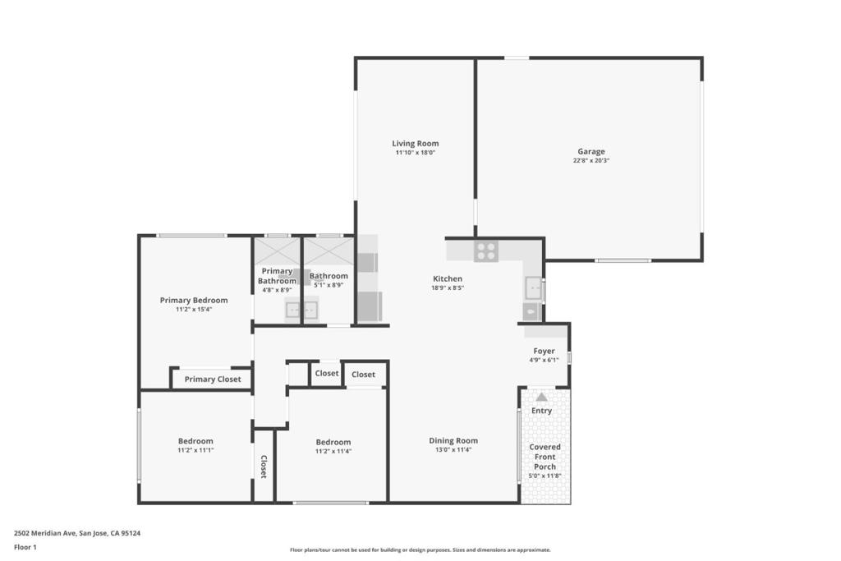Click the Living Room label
415,144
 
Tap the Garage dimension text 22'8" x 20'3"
591,161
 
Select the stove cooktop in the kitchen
485,251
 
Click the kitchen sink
533,288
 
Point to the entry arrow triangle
541,397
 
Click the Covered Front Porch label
545,457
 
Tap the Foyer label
544,351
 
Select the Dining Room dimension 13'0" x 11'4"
453,450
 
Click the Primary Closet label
213,379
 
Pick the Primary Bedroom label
194,301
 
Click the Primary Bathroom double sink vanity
301,310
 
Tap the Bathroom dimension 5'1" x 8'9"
329,285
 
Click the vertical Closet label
264,467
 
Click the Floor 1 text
25,546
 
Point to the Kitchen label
448,279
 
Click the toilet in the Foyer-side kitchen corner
531,312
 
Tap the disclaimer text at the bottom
420,550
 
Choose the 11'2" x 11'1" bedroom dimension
195,450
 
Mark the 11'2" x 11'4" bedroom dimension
333,451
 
